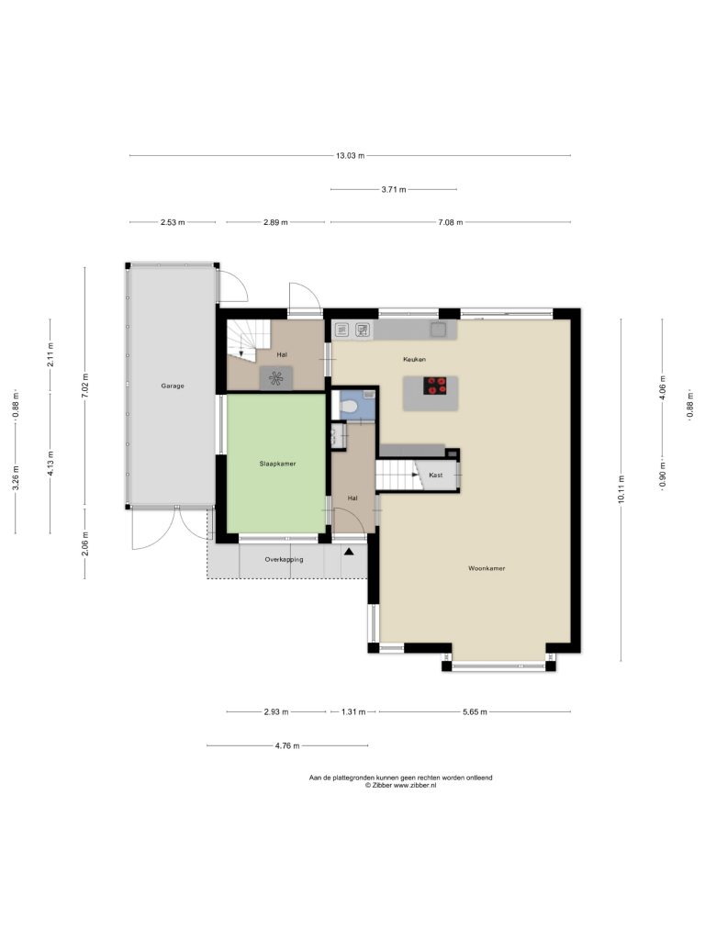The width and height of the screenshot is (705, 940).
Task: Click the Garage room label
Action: [172, 386]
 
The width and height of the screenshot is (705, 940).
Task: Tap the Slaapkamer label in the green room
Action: [277, 464]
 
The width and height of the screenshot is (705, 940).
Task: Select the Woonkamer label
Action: [487, 568]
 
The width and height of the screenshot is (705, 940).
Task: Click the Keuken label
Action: [414, 359]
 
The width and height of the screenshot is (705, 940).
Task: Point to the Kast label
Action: [436, 475]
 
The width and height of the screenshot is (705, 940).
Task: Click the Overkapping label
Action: [285, 559]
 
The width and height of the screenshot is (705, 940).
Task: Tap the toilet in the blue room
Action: [348, 407]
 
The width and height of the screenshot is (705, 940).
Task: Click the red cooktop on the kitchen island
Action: [436, 386]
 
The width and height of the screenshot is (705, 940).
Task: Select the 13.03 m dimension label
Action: [350, 155]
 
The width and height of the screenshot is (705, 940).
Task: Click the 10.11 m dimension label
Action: [621, 490]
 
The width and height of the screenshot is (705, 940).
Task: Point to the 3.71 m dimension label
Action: [394, 189]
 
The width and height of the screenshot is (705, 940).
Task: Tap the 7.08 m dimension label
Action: [450, 222]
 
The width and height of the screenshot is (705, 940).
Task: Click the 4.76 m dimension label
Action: [287, 745]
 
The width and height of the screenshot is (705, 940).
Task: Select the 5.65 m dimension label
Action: [475, 712]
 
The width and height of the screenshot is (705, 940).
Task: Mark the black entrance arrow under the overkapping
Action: [348, 552]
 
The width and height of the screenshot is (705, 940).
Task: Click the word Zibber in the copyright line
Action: [382, 786]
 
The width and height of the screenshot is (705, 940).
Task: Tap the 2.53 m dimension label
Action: [173, 222]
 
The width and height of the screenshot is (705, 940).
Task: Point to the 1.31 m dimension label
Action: [353, 712]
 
